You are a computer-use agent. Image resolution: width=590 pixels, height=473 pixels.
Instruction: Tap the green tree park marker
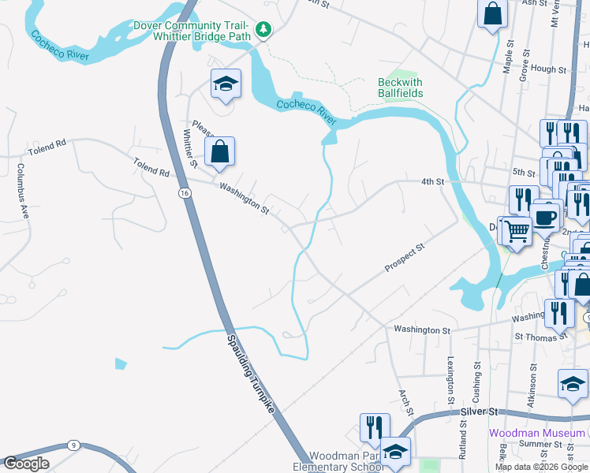[265, 31]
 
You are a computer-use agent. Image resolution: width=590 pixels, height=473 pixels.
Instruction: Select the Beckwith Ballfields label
[400, 88]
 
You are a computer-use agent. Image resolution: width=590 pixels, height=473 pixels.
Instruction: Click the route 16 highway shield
[184, 192]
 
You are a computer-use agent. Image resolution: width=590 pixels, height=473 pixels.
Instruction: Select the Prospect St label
[405, 258]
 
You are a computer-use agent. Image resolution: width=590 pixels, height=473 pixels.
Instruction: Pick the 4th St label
[431, 182]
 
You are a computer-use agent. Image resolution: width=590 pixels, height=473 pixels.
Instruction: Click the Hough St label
[549, 69]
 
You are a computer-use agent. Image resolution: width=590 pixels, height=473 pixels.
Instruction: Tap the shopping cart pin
[517, 230]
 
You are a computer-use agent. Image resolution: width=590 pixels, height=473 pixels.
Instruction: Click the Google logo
[26, 464]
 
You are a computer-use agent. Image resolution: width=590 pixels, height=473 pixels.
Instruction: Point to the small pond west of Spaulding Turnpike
[120, 363]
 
